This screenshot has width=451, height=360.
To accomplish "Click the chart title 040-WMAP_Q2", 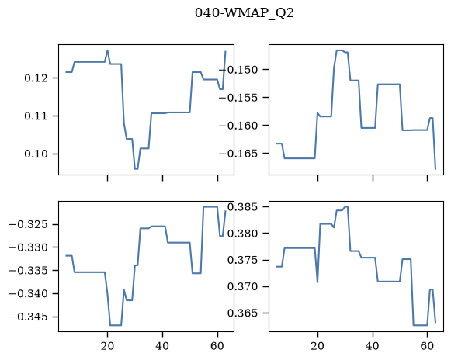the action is click(245, 13).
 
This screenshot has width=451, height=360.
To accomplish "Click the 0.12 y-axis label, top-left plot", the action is click(36, 78).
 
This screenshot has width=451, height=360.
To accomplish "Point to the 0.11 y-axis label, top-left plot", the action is click(36, 116).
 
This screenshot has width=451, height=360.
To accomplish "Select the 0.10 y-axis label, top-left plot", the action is click(36, 154).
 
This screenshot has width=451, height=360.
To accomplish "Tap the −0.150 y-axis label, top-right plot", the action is click(240, 70).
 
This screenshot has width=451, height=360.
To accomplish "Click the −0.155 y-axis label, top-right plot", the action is click(240, 98).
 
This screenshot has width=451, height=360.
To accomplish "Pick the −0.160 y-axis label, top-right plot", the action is click(240, 126).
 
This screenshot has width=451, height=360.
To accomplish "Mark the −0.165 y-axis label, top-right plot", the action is click(240, 154).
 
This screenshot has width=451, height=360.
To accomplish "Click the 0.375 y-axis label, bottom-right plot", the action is click(245, 260).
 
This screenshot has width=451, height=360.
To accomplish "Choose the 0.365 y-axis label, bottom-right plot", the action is click(245, 313).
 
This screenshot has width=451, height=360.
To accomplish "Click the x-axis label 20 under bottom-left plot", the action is click(107, 346).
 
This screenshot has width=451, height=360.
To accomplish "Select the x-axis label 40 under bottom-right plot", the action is click(373, 346).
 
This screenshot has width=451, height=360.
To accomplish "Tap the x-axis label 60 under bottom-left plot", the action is click(217, 346).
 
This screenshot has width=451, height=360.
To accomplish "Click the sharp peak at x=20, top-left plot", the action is click(108, 50).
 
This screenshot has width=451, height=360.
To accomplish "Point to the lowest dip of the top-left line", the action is click(137, 169).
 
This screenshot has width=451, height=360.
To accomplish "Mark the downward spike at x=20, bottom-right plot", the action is click(317, 282).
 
